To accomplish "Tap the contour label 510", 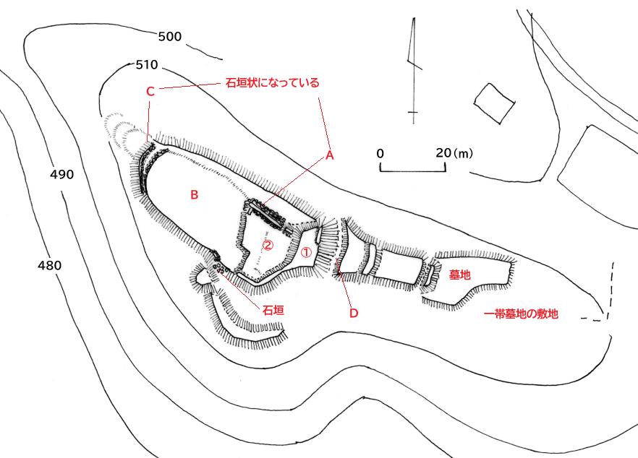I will click(147, 65).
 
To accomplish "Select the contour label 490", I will click(62, 175).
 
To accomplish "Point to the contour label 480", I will click(49, 265).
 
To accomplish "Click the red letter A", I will click(329, 155).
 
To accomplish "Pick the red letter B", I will click(194, 194).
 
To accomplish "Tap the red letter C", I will click(150, 92).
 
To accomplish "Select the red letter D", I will click(354, 313).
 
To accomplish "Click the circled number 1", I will click(306, 253).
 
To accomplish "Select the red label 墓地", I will click(459, 275).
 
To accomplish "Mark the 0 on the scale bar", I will click(381, 153).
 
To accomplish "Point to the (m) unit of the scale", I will click(464, 153).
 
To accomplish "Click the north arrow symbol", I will click(413, 69).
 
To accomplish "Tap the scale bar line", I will click(413, 171).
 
